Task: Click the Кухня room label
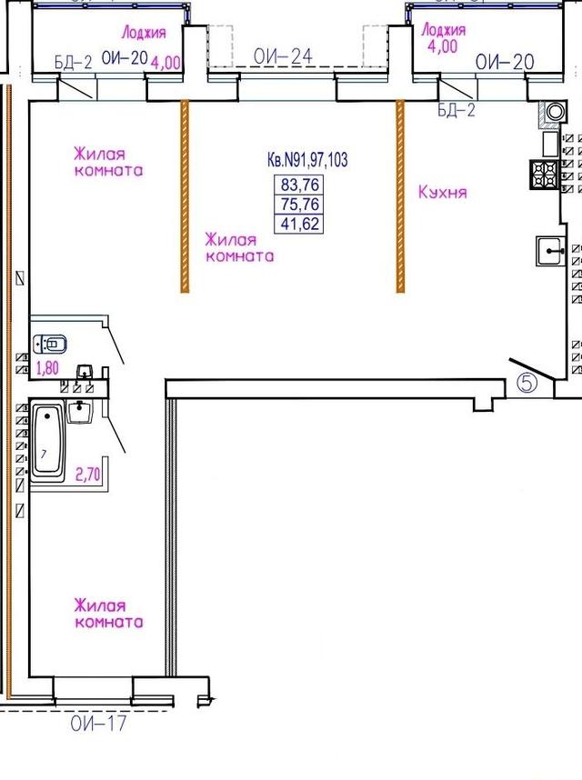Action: click(x=442, y=192)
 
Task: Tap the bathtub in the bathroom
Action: click(x=48, y=442)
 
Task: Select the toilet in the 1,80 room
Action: click(x=50, y=344)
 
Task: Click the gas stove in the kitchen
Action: click(x=544, y=175)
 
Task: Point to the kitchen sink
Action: click(x=550, y=251)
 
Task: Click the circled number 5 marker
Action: click(x=527, y=383)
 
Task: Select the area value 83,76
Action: click(x=299, y=185)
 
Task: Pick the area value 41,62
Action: click(x=299, y=224)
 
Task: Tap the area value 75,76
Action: click(x=299, y=204)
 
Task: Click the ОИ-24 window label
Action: click(x=283, y=56)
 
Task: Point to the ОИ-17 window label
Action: click(x=98, y=724)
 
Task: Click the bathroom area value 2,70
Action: click(x=87, y=475)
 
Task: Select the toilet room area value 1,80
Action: click(x=47, y=368)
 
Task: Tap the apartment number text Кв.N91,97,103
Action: click(x=307, y=160)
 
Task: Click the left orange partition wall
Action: click(x=185, y=196)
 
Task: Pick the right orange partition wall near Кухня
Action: click(x=400, y=196)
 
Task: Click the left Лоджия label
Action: click(x=144, y=34)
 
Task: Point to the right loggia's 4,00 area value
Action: click(x=442, y=46)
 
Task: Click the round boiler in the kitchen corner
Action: click(x=555, y=112)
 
